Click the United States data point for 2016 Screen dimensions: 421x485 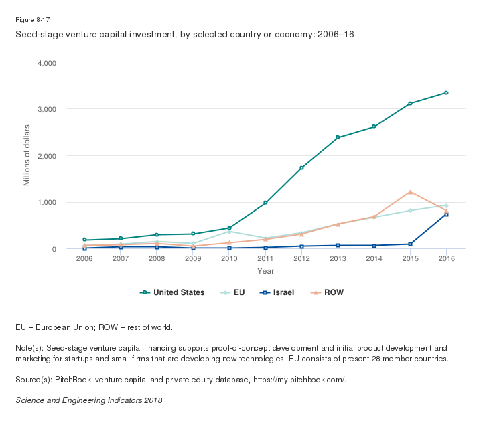coord(446,93)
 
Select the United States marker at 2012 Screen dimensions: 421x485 coord(301,167)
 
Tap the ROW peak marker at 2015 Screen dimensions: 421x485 coord(410,192)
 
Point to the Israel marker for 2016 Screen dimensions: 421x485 coord(446,214)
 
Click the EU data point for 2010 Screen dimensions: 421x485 coord(229,231)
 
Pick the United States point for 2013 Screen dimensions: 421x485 coord(338,137)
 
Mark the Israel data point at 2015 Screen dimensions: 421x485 coord(410,244)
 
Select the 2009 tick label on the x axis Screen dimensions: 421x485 coord(193,259)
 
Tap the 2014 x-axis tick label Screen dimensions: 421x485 coord(374,259)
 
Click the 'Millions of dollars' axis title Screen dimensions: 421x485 coord(27,155)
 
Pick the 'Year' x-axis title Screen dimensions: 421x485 coord(265,271)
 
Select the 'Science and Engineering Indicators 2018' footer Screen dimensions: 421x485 coord(89,400)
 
